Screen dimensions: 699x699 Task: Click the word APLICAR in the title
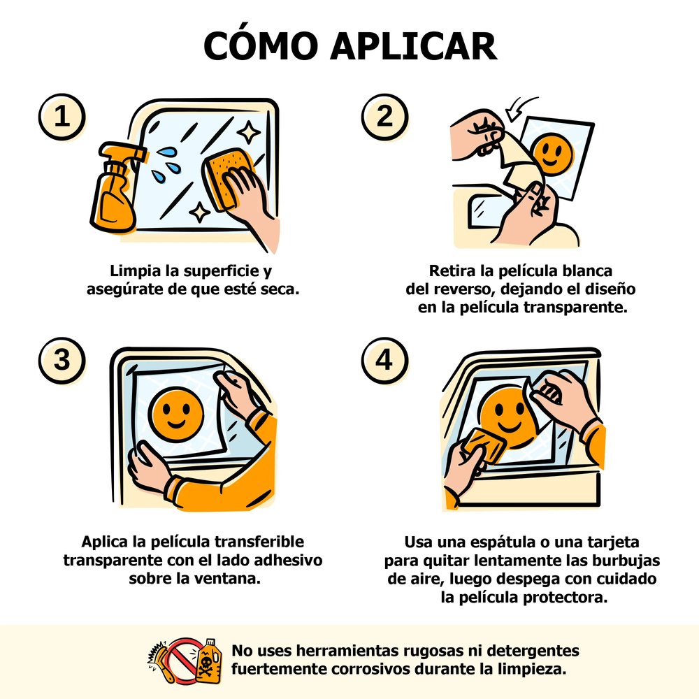click(413, 46)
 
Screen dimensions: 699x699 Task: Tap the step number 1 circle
click(62, 117)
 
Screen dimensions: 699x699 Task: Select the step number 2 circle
click(384, 117)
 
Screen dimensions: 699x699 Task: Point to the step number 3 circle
click(62, 360)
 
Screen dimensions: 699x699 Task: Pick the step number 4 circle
click(384, 360)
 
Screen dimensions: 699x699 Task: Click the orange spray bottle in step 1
click(115, 188)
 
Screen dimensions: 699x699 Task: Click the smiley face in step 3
click(176, 415)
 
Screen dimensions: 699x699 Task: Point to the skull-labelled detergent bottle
click(208, 661)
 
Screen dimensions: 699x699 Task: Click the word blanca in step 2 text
click(587, 271)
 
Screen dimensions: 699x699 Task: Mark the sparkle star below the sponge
click(200, 212)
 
